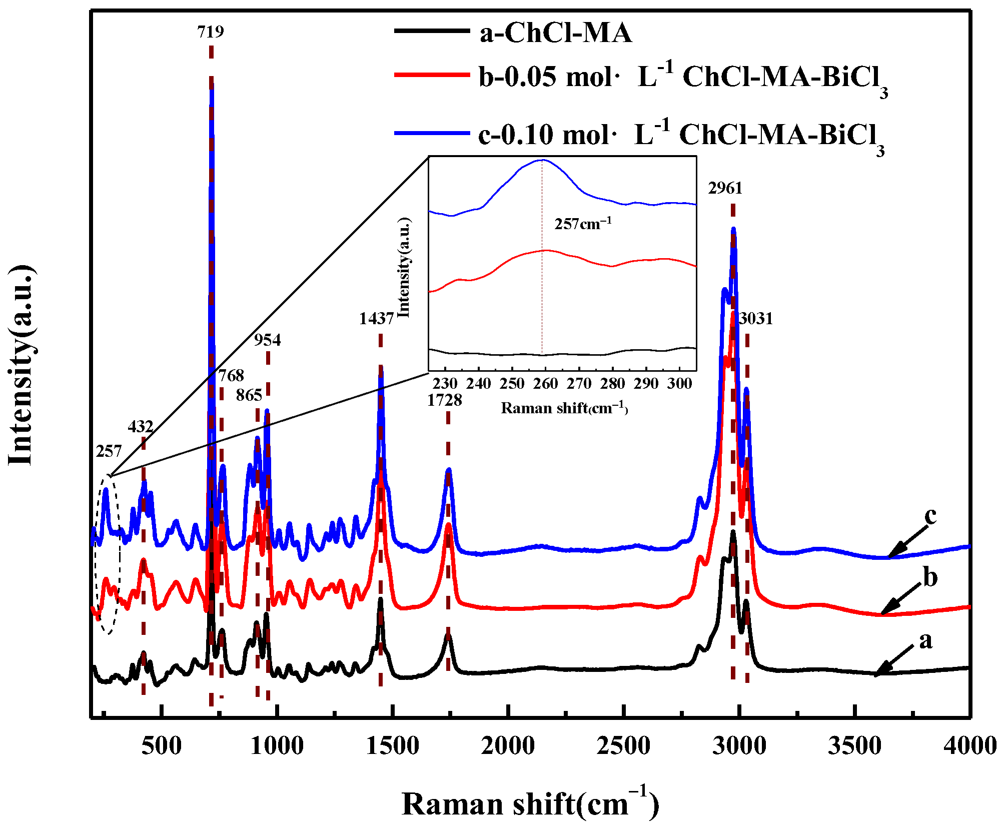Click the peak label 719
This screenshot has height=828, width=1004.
[x=210, y=32]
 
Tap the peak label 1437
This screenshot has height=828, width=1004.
[x=376, y=318]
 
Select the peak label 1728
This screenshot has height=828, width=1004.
[x=444, y=400]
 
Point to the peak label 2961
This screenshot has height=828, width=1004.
[x=725, y=188]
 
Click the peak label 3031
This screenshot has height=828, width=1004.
[x=755, y=318]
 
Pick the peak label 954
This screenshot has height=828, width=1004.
[x=267, y=340]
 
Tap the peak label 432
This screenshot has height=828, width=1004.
[x=140, y=426]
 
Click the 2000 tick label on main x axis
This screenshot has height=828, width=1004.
[x=508, y=746]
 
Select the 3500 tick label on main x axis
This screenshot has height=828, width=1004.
[x=854, y=746]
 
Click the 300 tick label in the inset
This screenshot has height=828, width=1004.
[x=679, y=384]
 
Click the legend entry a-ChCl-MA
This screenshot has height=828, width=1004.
[x=555, y=33]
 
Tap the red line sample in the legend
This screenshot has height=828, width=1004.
[x=431, y=75]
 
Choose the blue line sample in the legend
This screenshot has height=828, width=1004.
[x=431, y=133]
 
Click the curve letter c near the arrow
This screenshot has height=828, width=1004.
[x=930, y=515]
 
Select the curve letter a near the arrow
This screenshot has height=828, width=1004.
[x=925, y=640]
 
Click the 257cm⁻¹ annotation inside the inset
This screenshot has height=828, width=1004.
[x=582, y=224]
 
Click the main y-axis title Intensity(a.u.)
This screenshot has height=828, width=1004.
[x=21, y=365]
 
